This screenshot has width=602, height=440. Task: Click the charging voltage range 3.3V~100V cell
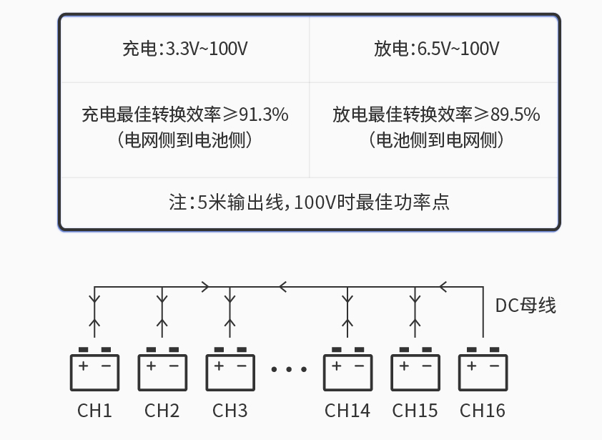185,49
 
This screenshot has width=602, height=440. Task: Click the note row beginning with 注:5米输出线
309,202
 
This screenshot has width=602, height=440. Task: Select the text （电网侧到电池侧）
185,140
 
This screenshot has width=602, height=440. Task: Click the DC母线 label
525,305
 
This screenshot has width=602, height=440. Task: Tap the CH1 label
95,411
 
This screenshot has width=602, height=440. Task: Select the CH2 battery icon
162,371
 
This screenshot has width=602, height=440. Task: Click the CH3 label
230,411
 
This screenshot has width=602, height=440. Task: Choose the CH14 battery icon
347,371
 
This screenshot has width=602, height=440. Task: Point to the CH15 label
415,411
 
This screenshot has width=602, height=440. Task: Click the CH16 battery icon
483,371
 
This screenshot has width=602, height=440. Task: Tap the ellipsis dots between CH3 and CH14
289,370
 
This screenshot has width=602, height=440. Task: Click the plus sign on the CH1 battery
84,366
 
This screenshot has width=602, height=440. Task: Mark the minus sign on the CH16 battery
493,366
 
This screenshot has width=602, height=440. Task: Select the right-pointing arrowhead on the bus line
206,287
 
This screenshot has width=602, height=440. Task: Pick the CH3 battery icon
230,371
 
